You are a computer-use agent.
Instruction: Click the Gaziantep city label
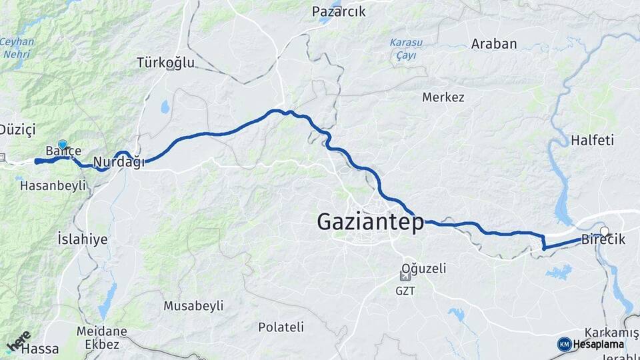(370, 221)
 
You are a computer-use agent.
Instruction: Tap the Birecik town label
(603, 240)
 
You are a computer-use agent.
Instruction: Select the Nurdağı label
(119, 162)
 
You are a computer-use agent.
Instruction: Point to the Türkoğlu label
(165, 63)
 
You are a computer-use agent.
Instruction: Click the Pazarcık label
(339, 11)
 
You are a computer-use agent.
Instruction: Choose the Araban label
(494, 44)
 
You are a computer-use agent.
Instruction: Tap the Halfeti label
(592, 140)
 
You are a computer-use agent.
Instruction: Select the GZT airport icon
(405, 276)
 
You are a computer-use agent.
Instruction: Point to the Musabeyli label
(193, 305)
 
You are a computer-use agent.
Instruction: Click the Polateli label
(281, 327)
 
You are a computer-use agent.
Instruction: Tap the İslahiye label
(83, 239)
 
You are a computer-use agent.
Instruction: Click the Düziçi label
(17, 129)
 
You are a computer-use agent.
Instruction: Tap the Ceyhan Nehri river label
(17, 47)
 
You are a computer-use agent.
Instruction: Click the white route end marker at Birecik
(605, 231)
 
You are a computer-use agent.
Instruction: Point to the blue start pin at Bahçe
(63, 145)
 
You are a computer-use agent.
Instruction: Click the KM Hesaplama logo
(591, 344)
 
